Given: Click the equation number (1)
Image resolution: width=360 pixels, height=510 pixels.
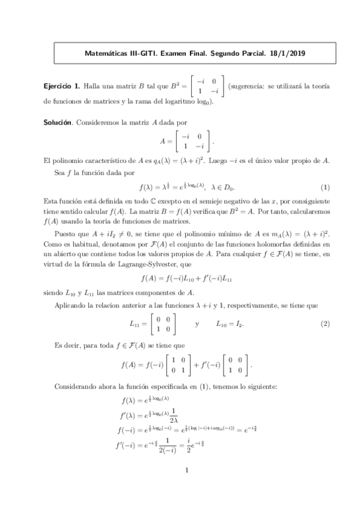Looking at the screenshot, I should click(x=325, y=187).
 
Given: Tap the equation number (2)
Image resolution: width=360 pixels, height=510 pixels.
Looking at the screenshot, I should click(x=325, y=324).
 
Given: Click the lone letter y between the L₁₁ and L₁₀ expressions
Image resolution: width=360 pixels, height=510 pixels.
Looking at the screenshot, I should click(x=197, y=324).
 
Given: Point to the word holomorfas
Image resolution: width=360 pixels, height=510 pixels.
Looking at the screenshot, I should click(x=260, y=243).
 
